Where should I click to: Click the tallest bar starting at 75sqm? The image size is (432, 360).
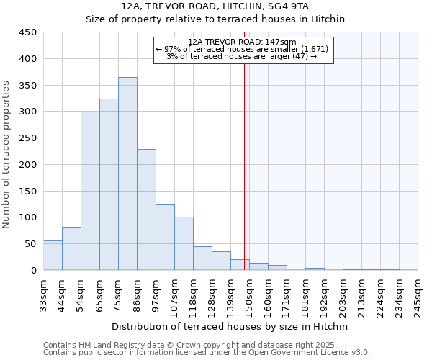(x=127, y=174)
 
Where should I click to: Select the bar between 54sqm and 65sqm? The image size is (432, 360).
(x=90, y=191)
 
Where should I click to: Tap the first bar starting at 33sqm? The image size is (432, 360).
(x=53, y=256)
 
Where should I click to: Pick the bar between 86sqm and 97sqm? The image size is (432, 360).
(x=146, y=210)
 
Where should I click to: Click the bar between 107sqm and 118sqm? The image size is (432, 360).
(x=184, y=243)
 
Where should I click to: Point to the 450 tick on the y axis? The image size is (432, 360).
(x=28, y=32)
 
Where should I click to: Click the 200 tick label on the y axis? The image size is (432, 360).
(x=28, y=165)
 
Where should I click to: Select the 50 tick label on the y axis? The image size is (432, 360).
(x=31, y=244)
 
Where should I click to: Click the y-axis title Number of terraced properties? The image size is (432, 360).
(x=7, y=155)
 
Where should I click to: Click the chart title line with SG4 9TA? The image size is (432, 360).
(x=216, y=6)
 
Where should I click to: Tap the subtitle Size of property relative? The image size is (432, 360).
(x=216, y=19)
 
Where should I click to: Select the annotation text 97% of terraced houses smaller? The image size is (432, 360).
(x=242, y=49)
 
